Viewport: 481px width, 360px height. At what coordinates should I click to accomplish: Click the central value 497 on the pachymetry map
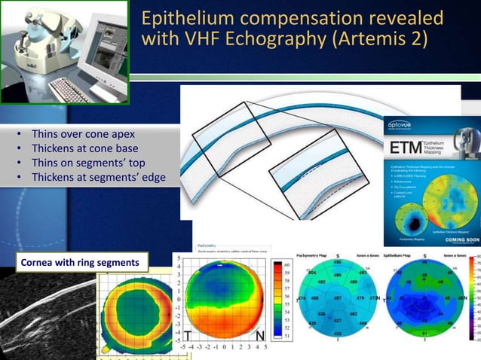338,299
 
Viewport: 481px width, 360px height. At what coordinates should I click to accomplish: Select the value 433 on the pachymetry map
338,333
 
